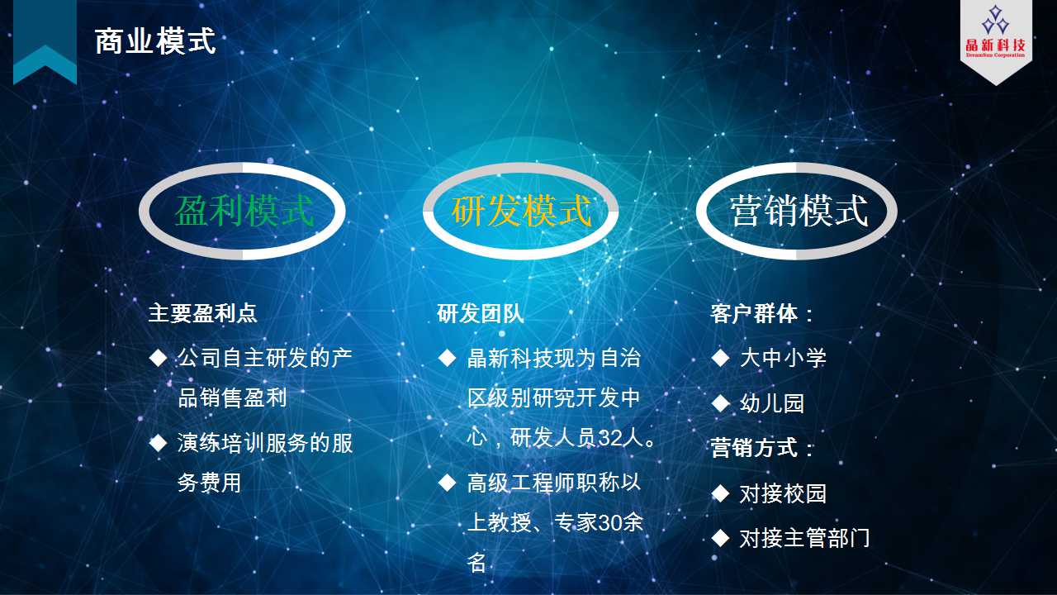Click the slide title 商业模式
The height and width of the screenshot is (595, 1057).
tap(155, 41)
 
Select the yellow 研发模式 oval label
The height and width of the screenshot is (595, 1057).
tap(521, 211)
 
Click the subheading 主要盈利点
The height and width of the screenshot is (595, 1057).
tap(203, 313)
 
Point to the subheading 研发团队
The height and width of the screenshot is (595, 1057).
tap(481, 313)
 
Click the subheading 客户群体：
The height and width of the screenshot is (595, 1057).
tap(761, 313)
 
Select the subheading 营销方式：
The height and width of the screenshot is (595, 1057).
tap(761, 447)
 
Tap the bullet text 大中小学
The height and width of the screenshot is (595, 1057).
tap(783, 358)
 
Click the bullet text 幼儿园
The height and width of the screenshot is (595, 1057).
tap(772, 402)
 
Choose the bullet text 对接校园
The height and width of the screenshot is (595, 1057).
tap(783, 493)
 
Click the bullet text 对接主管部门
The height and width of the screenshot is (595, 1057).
tap(804, 538)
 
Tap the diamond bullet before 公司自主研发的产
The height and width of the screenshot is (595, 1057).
tap(158, 358)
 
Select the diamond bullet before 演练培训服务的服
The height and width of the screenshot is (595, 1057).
tap(158, 443)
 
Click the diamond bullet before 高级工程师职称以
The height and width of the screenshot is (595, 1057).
tap(447, 483)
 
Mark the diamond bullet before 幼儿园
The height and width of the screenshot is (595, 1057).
tap(721, 403)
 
